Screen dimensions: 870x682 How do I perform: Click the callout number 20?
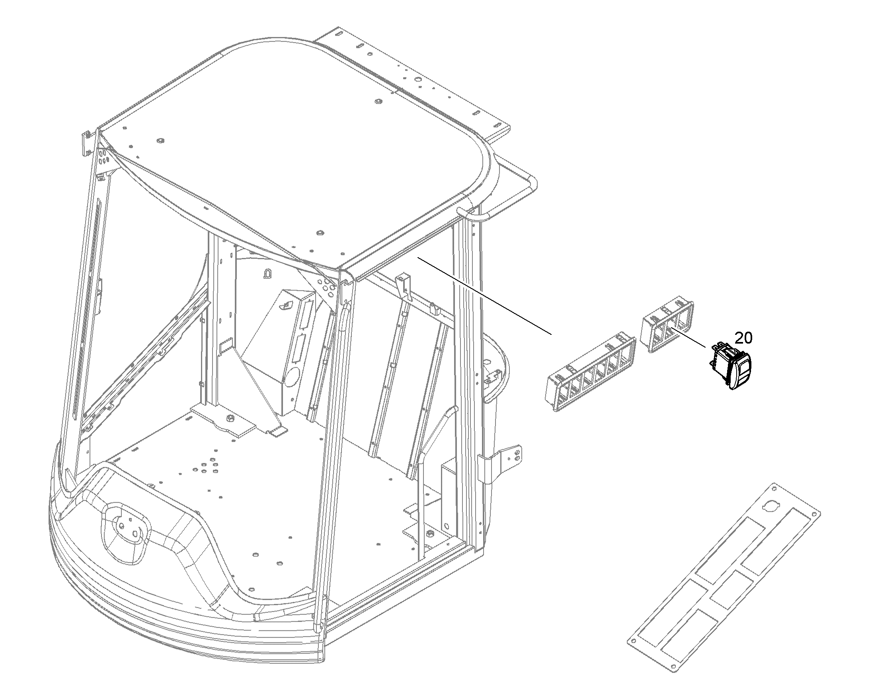[743, 338]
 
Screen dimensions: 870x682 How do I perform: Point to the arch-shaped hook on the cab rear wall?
[267, 273]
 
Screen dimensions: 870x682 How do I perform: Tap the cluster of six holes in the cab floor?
[207, 468]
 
